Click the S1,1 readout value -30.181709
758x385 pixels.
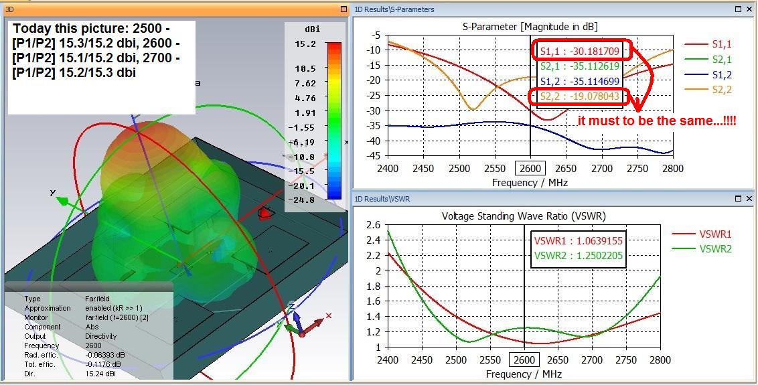[x=580, y=51]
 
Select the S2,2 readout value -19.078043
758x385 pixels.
[x=580, y=97]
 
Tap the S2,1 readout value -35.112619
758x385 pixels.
[x=580, y=66]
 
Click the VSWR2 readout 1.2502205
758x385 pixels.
[x=578, y=256]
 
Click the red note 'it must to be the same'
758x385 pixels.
[x=656, y=121]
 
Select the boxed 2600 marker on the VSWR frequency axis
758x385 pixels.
[x=524, y=360]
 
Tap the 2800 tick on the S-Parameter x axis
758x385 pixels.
[x=672, y=169]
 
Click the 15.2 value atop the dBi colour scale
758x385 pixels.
[x=305, y=44]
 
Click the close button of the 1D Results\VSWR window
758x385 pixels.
[x=748, y=199]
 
